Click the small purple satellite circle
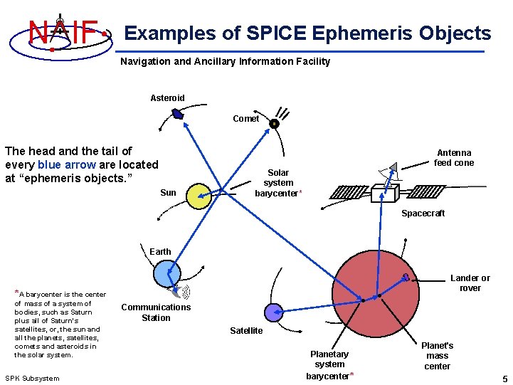[x=273, y=312]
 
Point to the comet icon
[x=274, y=123]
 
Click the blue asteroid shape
[x=178, y=114]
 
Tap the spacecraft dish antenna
[x=388, y=171]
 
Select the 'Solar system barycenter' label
[x=278, y=183]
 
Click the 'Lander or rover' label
[x=470, y=283]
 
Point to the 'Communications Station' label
[x=156, y=312]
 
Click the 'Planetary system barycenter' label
[x=329, y=364]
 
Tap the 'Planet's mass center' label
[x=438, y=356]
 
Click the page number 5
[x=504, y=378]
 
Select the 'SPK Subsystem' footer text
[x=33, y=378]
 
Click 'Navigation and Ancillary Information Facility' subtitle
[x=225, y=61]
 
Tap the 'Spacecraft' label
[x=423, y=213]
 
